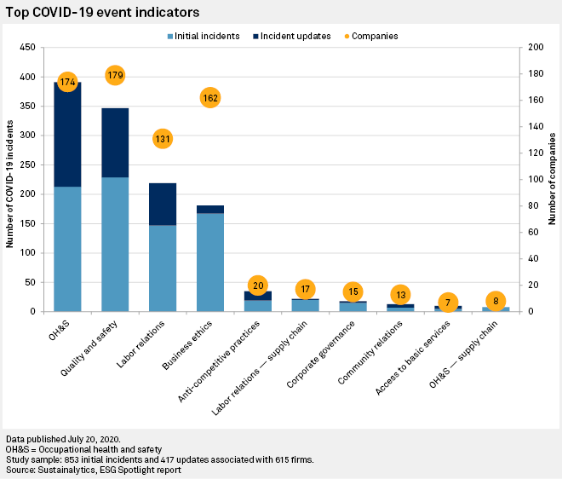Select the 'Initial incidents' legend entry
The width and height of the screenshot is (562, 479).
204,36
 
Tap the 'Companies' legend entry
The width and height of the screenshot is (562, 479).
370,36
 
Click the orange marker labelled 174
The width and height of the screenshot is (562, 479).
67,83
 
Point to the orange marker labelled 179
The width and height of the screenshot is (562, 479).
116,76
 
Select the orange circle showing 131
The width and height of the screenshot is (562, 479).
163,139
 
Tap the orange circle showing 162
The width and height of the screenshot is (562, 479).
210,98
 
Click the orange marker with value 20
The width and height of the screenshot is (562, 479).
258,286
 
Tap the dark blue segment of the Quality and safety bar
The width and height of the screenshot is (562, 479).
115,143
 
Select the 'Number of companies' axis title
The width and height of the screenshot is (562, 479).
552,179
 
